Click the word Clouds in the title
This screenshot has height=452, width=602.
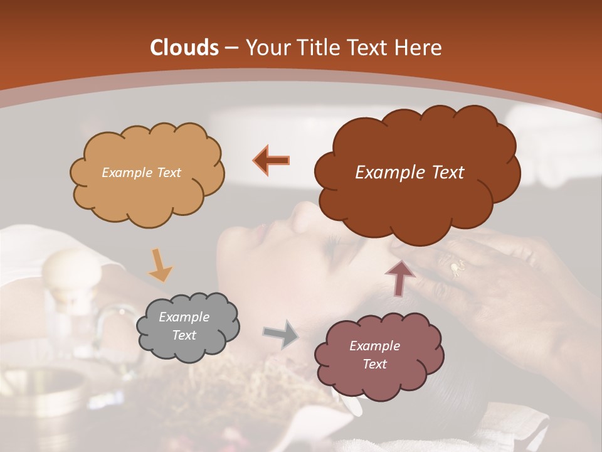point(184,48)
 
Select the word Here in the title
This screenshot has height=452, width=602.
point(418,48)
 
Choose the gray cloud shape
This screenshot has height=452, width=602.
point(187,326)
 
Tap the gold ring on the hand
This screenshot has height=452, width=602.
point(455,268)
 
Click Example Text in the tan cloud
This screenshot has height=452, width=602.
point(141,173)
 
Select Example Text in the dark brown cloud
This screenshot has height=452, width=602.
point(409,173)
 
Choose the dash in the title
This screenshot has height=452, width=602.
point(231,48)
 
